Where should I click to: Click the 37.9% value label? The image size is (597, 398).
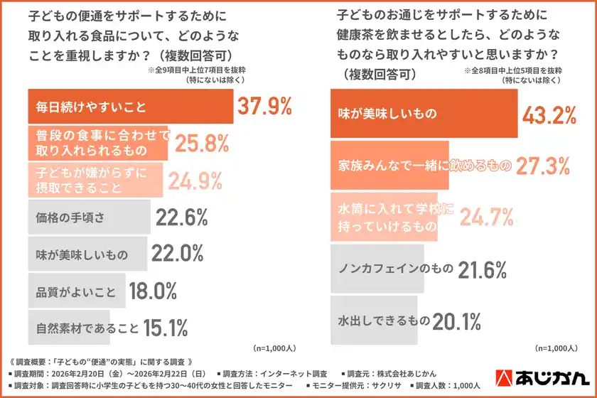[x=264, y=107]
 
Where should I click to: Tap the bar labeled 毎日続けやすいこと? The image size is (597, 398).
[x=129, y=107]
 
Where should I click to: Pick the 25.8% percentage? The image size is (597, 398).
[x=201, y=144]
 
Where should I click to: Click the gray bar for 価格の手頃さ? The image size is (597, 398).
[x=88, y=217]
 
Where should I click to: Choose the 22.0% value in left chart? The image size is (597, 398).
[x=178, y=254]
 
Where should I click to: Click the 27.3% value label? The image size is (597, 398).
[x=543, y=166]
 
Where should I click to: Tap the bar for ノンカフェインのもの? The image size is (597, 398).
[x=377, y=270]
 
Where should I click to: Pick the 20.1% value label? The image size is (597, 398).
[x=458, y=322]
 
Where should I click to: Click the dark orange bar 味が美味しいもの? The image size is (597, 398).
[x=422, y=113]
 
